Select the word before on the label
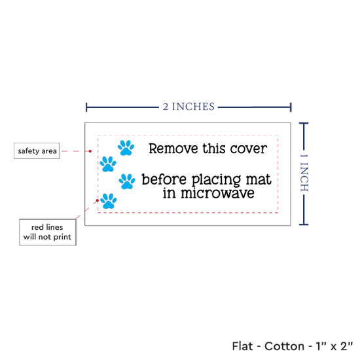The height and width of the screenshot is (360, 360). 164,179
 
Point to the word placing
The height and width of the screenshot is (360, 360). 216,180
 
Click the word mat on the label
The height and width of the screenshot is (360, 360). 259,179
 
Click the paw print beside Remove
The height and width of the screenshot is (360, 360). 126,148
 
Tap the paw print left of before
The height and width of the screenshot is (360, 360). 127,181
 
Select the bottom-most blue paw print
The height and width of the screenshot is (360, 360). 109,201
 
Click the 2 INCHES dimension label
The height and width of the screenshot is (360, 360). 189,107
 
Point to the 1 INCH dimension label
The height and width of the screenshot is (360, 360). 304,173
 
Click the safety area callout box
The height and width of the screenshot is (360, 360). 37,151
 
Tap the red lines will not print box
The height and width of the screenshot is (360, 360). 48,232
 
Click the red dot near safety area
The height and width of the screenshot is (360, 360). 90,151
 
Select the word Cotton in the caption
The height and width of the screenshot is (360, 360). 284,346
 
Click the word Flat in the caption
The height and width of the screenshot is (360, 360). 242,346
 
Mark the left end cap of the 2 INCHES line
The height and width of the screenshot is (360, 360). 86,107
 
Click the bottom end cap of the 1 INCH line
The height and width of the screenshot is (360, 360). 304,225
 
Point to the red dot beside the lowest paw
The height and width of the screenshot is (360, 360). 98,200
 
